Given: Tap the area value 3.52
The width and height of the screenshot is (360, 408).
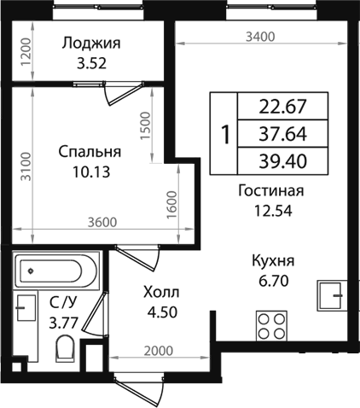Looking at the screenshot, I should [x=92, y=63].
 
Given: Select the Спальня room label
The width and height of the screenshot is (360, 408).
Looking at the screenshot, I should [x=90, y=152].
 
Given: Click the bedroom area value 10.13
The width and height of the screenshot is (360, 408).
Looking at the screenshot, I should [x=90, y=171].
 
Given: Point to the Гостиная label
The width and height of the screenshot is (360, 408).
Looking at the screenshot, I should [x=271, y=191].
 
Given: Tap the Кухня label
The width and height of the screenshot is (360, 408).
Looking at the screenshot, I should [x=274, y=261].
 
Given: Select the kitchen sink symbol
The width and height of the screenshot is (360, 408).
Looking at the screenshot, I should [x=331, y=294].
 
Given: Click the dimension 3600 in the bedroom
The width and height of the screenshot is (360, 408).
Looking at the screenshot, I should [x=100, y=224].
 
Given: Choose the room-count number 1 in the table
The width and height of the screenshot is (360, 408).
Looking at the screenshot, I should [x=225, y=134].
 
